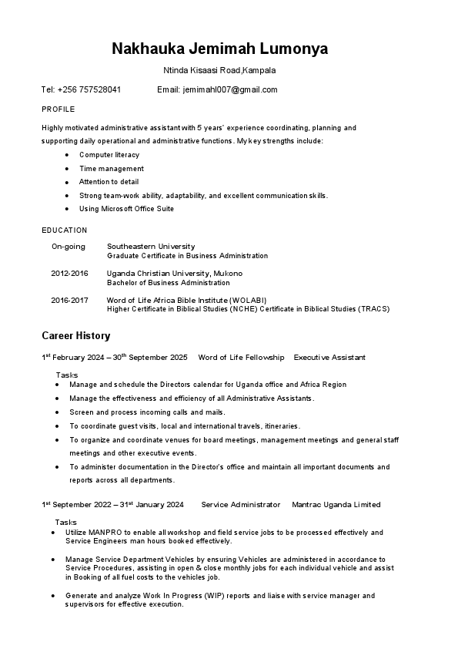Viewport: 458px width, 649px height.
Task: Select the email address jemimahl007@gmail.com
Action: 229,89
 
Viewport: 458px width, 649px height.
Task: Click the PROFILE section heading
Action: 58,109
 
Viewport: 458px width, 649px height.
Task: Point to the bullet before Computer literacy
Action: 68,155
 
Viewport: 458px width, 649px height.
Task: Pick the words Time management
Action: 111,169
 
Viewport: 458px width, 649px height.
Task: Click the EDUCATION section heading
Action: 65,230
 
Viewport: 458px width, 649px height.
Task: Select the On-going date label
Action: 69,247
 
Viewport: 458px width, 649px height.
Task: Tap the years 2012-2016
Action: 70,274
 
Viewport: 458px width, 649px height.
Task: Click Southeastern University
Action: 151,247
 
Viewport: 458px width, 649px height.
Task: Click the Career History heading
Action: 75,336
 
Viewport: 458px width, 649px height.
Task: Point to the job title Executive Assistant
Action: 329,358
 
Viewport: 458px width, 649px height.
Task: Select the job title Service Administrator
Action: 240,505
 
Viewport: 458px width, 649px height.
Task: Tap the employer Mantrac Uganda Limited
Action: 336,505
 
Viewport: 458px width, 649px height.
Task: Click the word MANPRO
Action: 106,533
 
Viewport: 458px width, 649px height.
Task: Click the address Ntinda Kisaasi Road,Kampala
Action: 219,70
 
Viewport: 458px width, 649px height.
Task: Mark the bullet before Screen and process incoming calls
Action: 59,412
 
